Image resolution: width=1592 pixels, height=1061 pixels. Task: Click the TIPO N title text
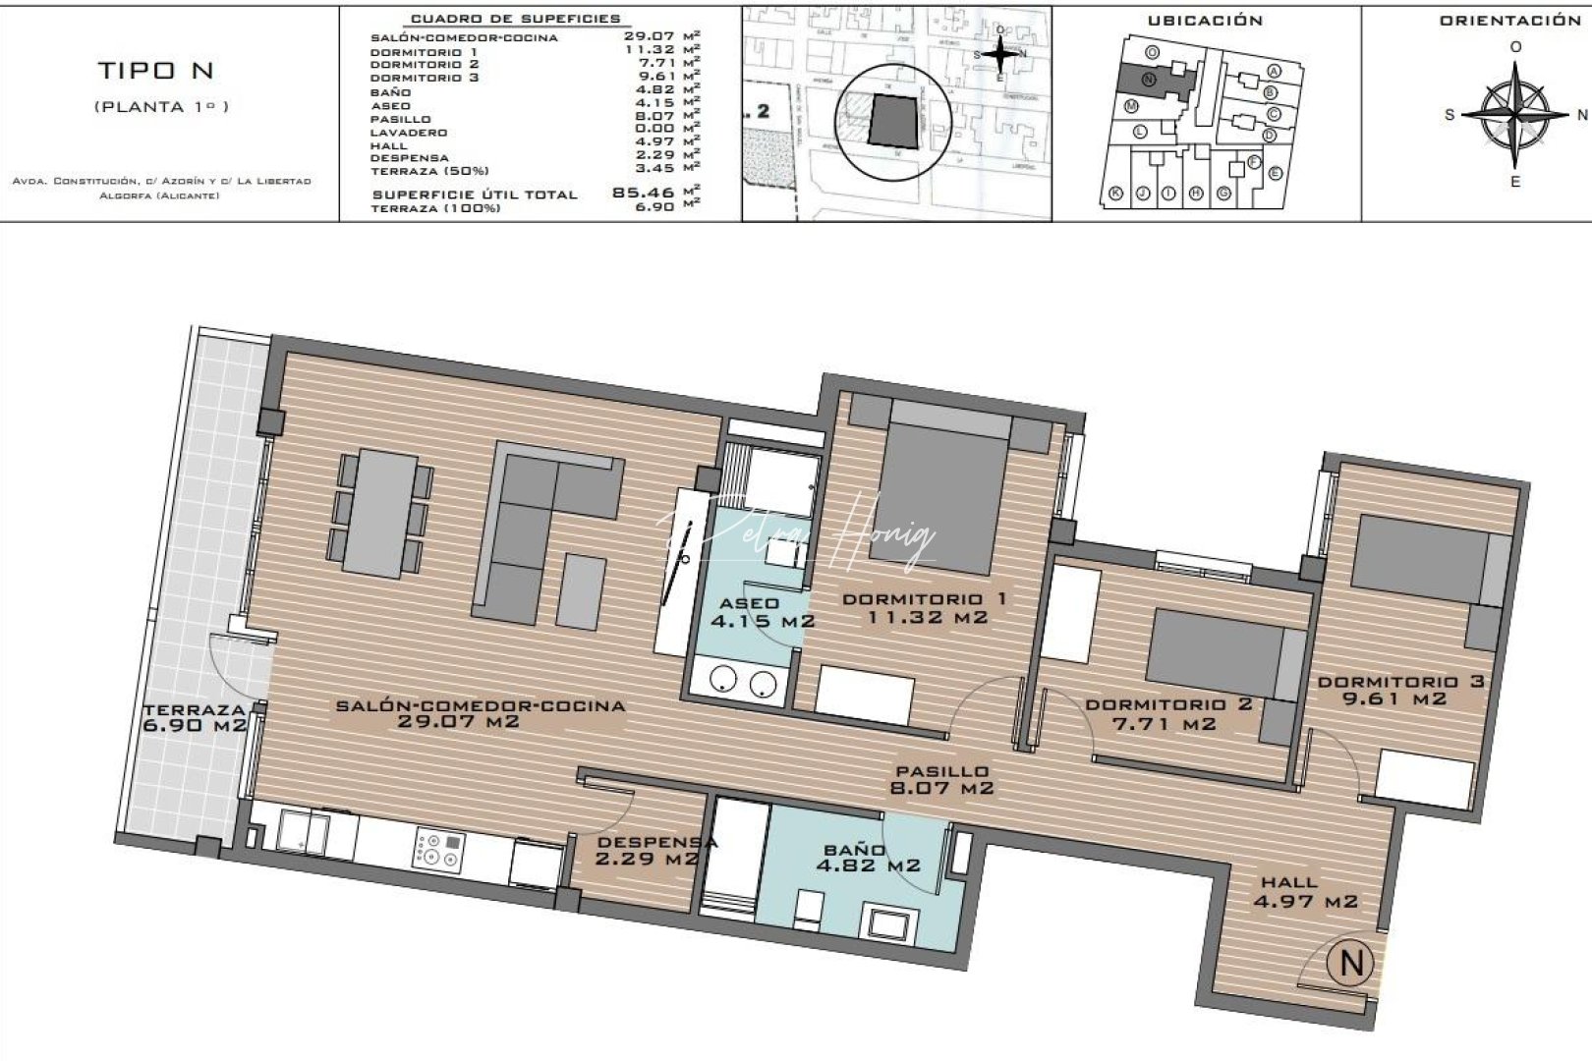click(155, 71)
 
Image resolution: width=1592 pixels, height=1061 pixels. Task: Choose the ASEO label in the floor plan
click(749, 603)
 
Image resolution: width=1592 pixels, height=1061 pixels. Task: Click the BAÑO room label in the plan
click(856, 849)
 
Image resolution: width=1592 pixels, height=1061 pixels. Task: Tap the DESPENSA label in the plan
click(657, 842)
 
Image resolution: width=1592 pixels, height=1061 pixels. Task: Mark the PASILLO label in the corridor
click(941, 771)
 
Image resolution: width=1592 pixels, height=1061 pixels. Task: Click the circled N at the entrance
click(1351, 963)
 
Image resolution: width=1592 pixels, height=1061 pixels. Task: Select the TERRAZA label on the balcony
click(194, 710)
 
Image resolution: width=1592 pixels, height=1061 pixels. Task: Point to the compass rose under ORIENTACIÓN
click(1514, 115)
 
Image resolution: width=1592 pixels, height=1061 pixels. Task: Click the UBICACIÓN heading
click(1204, 21)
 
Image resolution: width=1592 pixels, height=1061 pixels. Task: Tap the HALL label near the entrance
click(1289, 882)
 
